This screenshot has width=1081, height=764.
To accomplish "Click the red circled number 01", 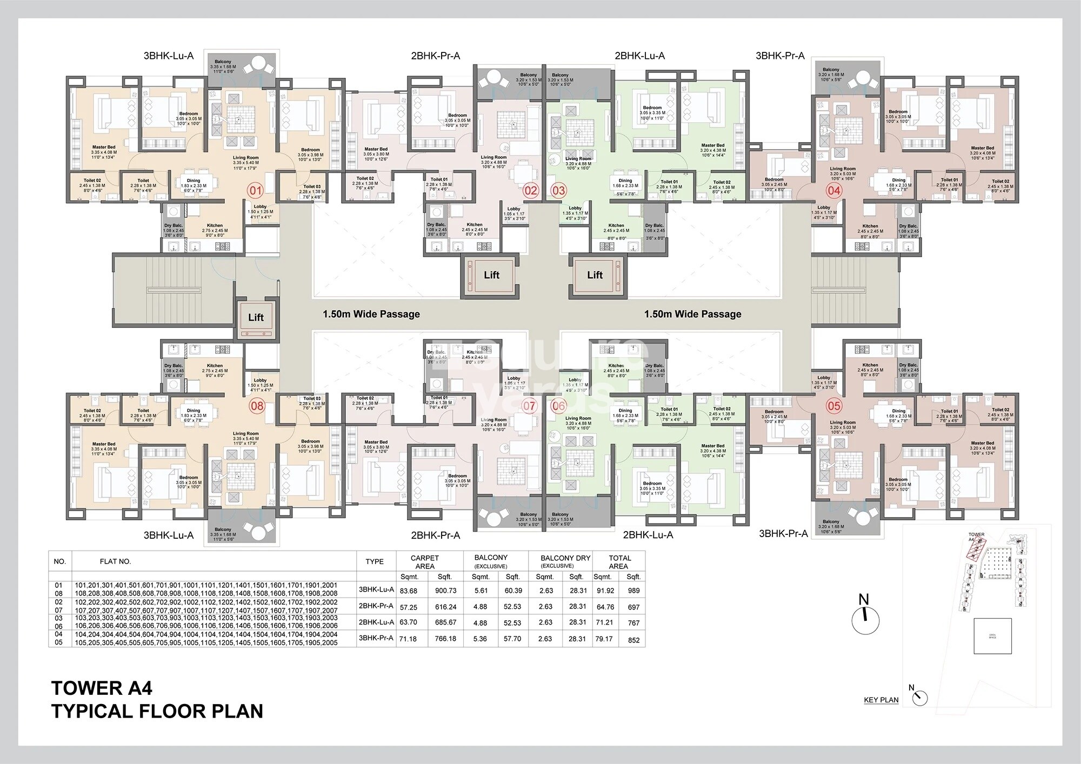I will coord(256,190).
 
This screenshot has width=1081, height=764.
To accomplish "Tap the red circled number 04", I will coord(834,190).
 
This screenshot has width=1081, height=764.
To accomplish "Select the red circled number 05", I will coord(834,406).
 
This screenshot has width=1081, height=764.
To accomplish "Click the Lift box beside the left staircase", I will coord(256,318).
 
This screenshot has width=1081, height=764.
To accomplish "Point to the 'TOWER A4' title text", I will coord(102,688).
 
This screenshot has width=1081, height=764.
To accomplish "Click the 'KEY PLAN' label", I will coord(881,700).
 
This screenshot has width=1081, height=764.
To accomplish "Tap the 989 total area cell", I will coord(633,591).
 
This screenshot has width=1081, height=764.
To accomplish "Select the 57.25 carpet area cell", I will coord(409,607).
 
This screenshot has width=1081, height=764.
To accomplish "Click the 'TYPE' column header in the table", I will coord(375,561).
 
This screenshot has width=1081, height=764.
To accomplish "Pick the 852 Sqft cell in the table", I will coord(633,640).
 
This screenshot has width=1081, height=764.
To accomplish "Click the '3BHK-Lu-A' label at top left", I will coord(168,56).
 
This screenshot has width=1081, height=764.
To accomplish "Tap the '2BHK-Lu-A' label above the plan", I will coord(639,56).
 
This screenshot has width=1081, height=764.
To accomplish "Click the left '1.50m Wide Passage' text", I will coord(371,314).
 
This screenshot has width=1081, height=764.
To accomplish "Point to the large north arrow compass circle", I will coord(865,621).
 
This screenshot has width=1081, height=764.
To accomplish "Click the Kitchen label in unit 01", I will coord(215,225).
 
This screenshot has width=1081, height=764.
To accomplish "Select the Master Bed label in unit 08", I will coord(103,444).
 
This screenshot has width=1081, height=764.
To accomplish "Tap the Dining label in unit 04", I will coord(898,180).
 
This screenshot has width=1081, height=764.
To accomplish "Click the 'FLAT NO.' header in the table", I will coord(115,561).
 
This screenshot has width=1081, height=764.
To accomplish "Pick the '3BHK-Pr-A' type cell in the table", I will coord(376,638).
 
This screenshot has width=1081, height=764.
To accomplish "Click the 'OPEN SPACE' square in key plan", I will coord(992,636).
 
